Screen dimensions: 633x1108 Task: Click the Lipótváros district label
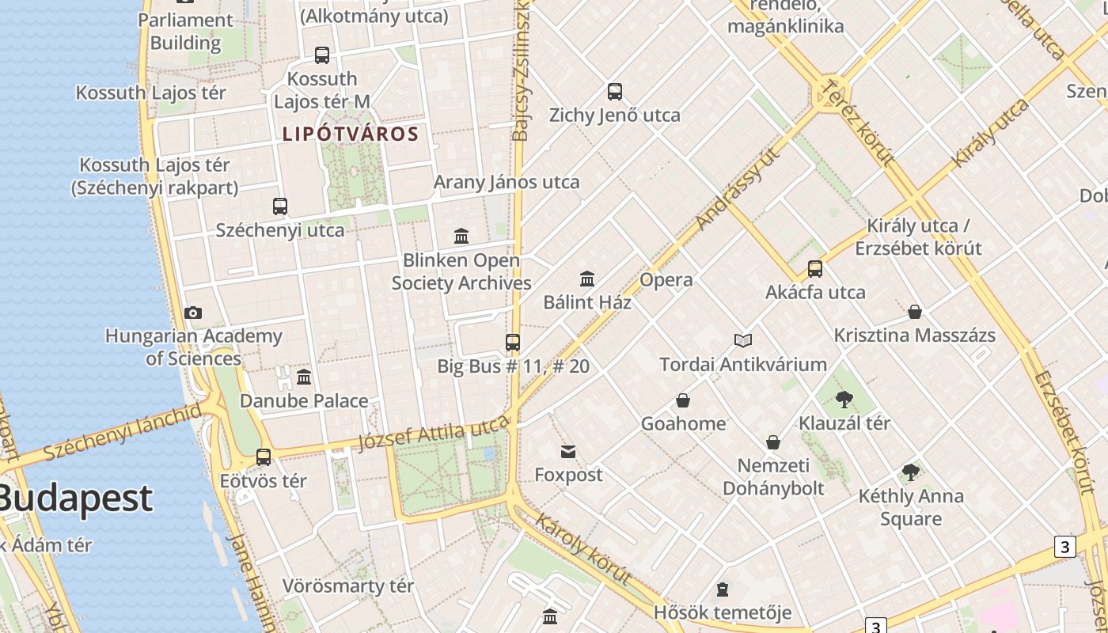pyautogui.click(x=351, y=134)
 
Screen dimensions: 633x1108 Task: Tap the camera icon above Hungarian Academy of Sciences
pyautogui.click(x=193, y=313)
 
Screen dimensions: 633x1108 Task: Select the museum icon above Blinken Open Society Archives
pyautogui.click(x=461, y=236)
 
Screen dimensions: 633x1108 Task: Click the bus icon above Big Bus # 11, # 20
pyautogui.click(x=513, y=343)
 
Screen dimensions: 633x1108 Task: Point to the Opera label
pyautogui.click(x=666, y=280)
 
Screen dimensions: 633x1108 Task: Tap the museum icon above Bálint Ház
pyautogui.click(x=587, y=279)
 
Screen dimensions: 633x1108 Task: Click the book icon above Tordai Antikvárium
pyautogui.click(x=742, y=340)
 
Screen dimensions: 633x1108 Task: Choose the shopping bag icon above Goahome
pyautogui.click(x=683, y=400)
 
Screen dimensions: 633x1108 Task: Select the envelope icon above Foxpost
pyautogui.click(x=568, y=452)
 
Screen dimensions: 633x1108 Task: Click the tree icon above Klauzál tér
pyautogui.click(x=844, y=399)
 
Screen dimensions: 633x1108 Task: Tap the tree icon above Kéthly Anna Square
pyautogui.click(x=911, y=472)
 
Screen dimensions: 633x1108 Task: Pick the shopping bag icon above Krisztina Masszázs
pyautogui.click(x=915, y=312)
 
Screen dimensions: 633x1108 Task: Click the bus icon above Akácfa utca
pyautogui.click(x=815, y=269)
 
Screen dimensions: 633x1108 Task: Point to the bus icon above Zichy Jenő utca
pyautogui.click(x=615, y=92)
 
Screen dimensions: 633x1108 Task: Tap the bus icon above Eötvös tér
pyautogui.click(x=264, y=457)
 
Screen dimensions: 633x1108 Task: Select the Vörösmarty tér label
pyautogui.click(x=348, y=586)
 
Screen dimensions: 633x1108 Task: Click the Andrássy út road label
pyautogui.click(x=738, y=188)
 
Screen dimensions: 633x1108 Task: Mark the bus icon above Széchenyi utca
pyautogui.click(x=280, y=207)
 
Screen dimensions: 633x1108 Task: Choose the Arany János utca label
pyautogui.click(x=507, y=182)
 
